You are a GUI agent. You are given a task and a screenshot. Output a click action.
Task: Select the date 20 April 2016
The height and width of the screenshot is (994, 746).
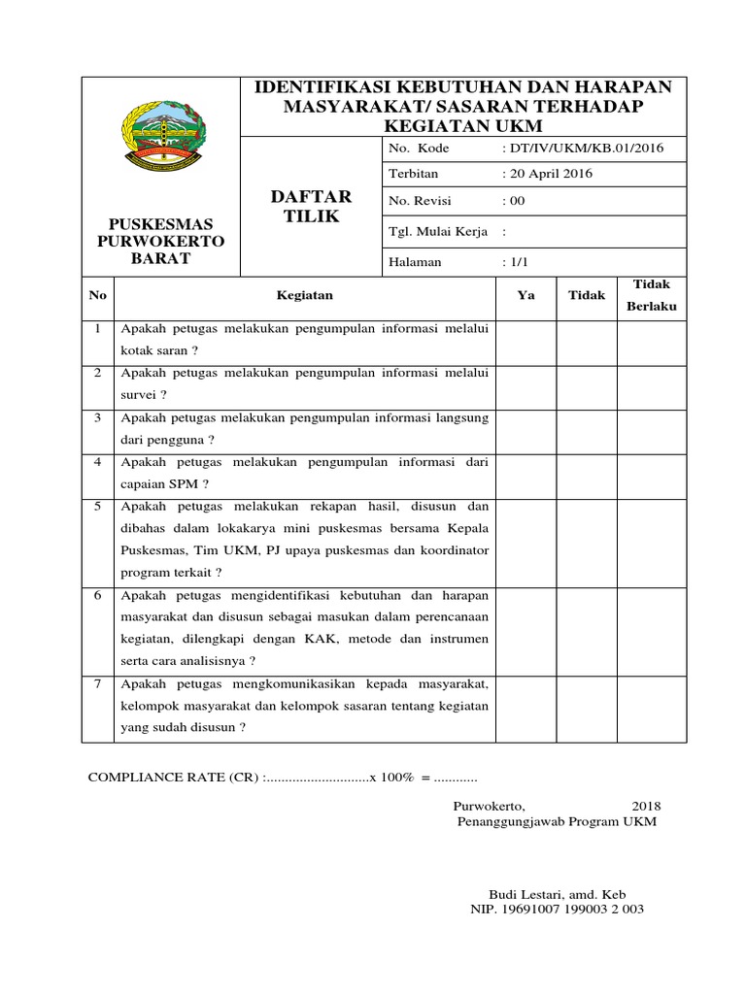click(x=547, y=174)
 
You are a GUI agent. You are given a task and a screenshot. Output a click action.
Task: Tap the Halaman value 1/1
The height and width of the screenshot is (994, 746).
click(x=513, y=262)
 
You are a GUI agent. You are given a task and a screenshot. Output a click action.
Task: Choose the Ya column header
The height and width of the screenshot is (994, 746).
click(x=526, y=295)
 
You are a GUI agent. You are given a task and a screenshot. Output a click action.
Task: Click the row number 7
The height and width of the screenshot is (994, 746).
click(x=98, y=684)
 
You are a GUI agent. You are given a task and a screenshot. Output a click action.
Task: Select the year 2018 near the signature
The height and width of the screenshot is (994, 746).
click(x=645, y=806)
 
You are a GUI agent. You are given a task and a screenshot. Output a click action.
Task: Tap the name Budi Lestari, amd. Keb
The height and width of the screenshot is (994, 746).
click(x=555, y=893)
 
